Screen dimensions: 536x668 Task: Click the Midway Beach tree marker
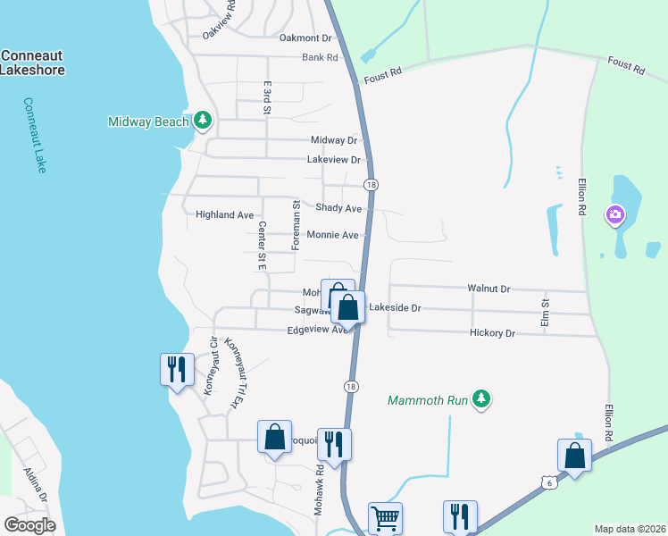click(203, 121)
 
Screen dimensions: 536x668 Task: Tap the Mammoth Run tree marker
click(481, 398)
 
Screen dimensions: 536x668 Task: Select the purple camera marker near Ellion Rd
click(614, 214)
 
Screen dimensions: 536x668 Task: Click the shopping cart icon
click(385, 517)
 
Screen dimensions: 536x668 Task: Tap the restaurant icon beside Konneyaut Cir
click(176, 368)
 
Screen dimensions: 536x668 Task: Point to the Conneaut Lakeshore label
click(32, 62)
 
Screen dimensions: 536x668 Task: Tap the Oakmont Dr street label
click(305, 38)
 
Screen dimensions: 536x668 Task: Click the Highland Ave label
click(225, 214)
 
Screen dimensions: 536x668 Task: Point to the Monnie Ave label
click(332, 235)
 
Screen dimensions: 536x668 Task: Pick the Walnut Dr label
click(488, 289)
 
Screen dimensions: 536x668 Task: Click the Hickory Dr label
click(492, 333)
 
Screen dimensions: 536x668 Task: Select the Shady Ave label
click(338, 208)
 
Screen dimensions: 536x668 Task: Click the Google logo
click(30, 524)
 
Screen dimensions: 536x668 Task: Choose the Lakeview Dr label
click(333, 160)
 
